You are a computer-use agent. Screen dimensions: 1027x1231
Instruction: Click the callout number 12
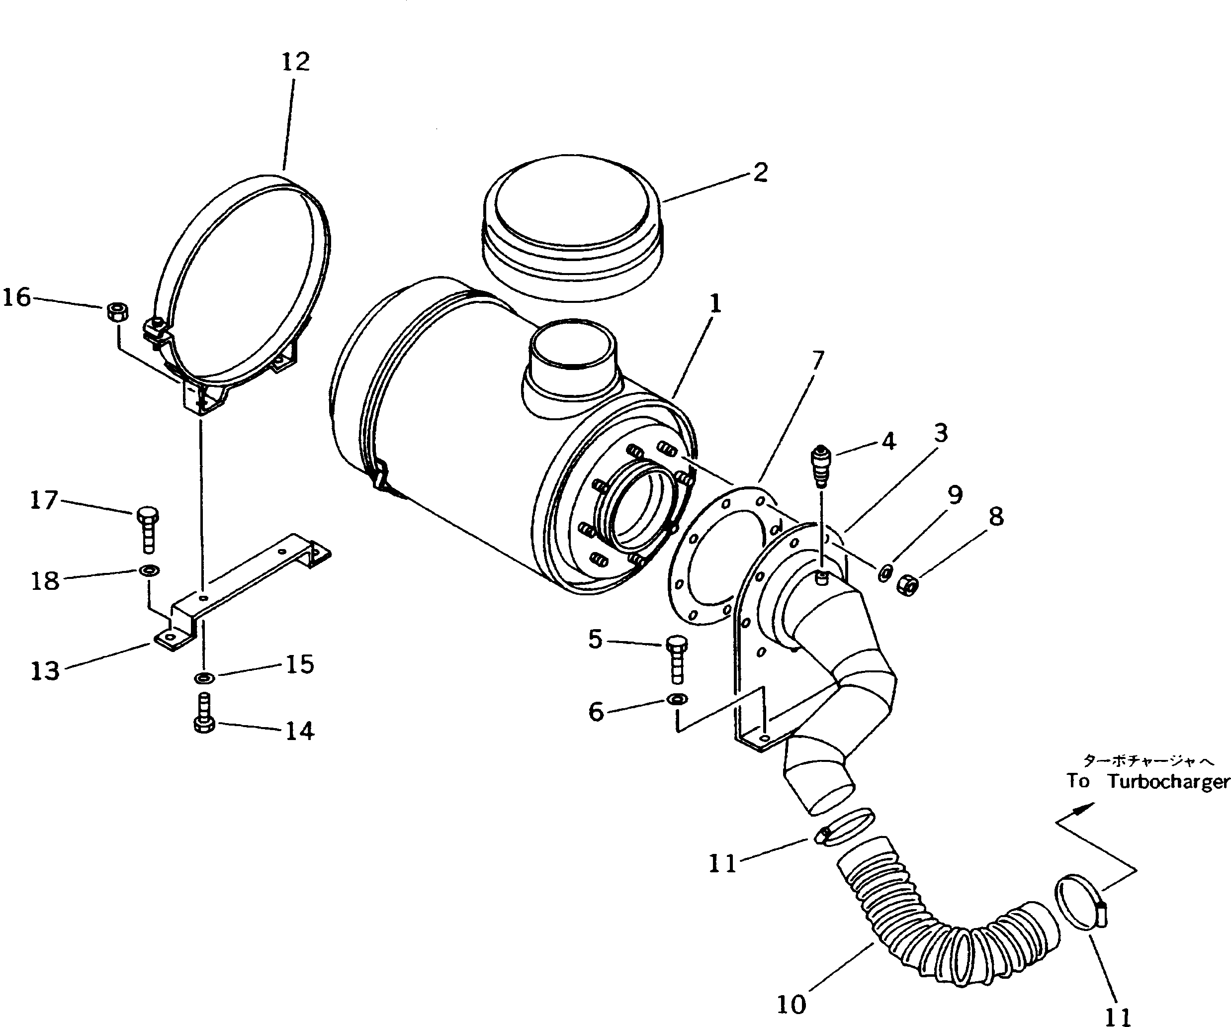(x=295, y=62)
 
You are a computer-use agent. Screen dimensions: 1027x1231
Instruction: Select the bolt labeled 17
(x=147, y=530)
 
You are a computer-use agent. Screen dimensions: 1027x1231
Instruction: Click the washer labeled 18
(x=148, y=569)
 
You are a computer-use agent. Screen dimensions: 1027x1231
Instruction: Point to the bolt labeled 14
(x=204, y=714)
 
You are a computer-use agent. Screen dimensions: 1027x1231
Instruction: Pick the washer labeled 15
(x=204, y=678)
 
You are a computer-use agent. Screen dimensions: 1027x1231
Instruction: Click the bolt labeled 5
(x=677, y=660)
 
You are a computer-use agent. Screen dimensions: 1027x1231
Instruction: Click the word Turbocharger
(x=1168, y=782)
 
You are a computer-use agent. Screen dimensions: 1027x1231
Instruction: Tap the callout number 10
(x=791, y=1005)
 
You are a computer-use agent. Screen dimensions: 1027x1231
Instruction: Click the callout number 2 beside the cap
(x=760, y=173)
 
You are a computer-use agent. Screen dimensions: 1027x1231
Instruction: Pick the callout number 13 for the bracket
(x=45, y=671)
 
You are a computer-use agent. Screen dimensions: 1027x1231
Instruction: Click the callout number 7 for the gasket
(x=816, y=360)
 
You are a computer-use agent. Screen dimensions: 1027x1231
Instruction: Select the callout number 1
(x=714, y=304)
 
